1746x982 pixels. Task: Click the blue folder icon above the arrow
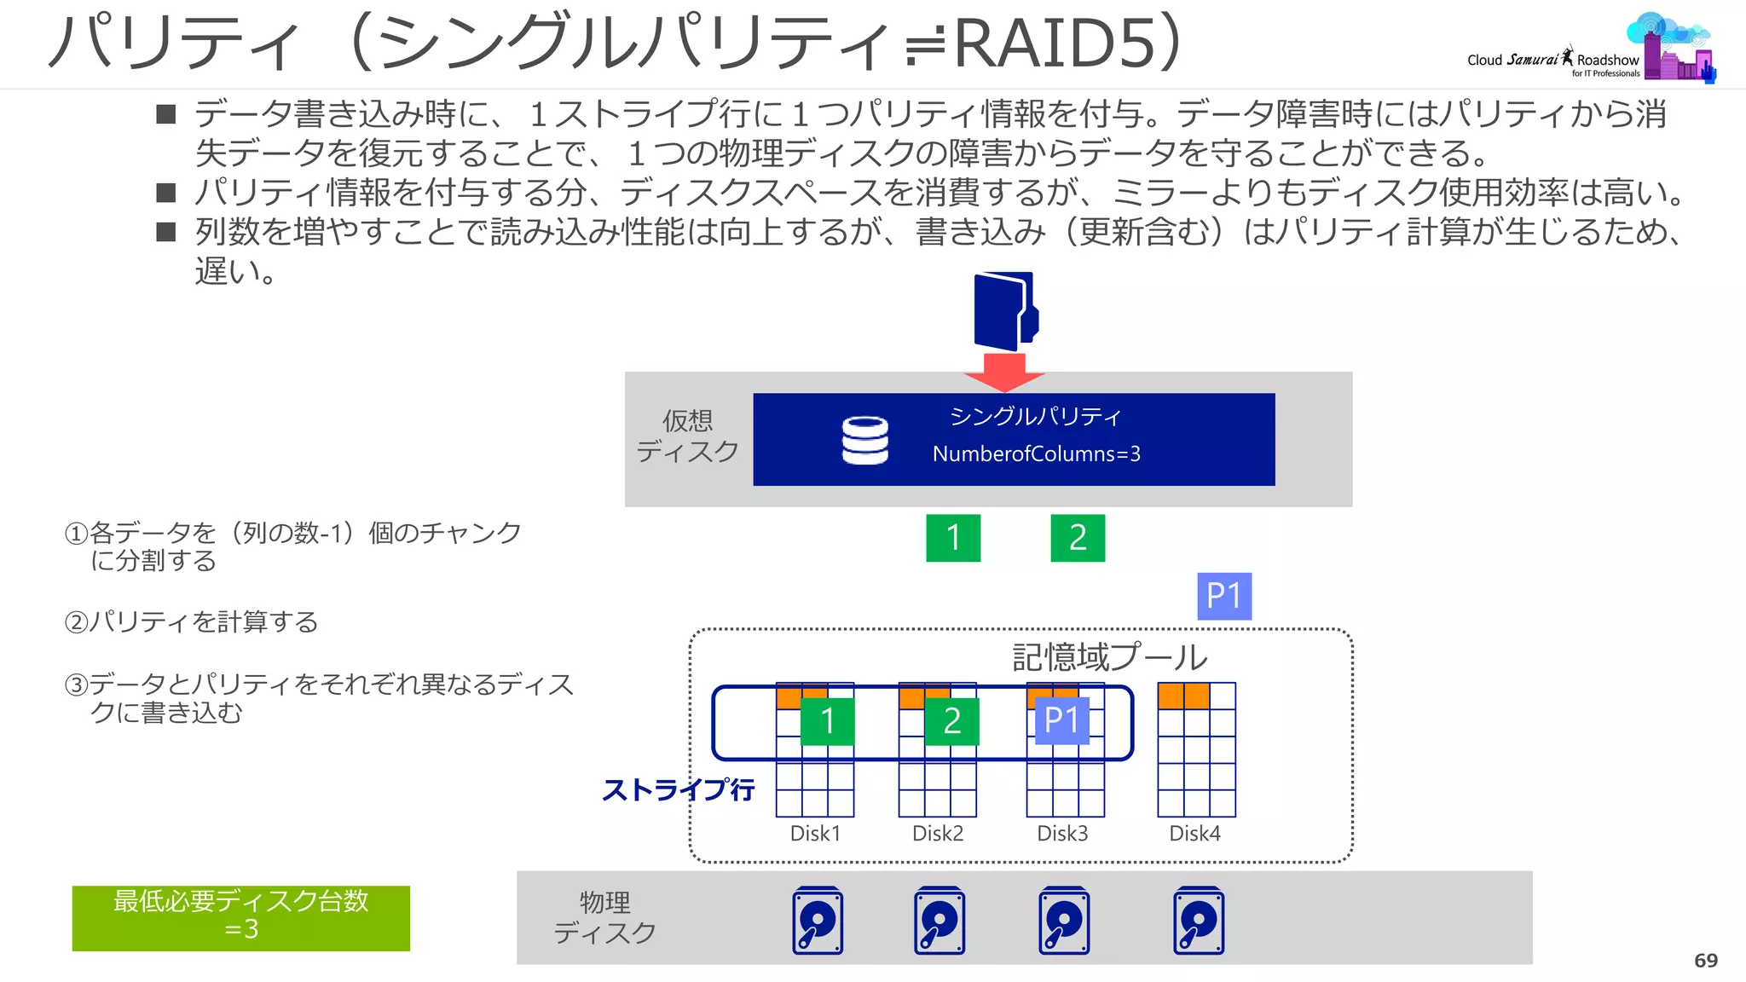[x=1005, y=310]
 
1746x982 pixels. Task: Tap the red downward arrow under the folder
[x=1004, y=372]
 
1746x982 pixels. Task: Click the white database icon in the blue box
[x=864, y=440]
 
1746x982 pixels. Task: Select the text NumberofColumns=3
[x=1036, y=453]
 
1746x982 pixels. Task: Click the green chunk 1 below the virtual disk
[x=953, y=538]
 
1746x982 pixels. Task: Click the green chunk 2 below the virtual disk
[x=1078, y=538]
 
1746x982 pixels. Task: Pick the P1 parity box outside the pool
[x=1224, y=596]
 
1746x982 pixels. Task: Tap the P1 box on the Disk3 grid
[x=1061, y=721]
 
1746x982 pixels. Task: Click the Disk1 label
[x=815, y=834]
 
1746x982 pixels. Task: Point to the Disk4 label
[x=1194, y=834]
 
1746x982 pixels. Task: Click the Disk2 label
[x=938, y=834]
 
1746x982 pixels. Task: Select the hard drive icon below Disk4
[x=1198, y=921]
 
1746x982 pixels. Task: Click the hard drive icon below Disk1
[x=818, y=921]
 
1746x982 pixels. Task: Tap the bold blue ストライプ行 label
[x=678, y=789]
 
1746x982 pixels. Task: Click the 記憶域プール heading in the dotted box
[x=1109, y=657]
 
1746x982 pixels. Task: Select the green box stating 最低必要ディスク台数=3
[x=240, y=917]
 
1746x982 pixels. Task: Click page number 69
[x=1705, y=961]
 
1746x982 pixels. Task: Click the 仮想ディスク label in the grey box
[x=687, y=436]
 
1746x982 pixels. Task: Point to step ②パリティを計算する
[x=192, y=621]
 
